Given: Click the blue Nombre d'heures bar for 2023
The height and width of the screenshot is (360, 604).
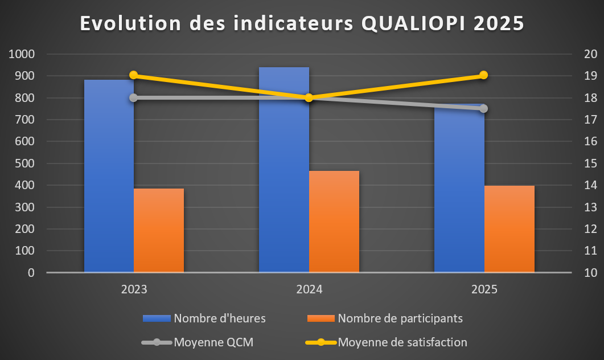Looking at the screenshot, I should (x=109, y=177).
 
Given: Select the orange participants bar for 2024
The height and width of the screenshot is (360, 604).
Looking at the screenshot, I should (x=334, y=222).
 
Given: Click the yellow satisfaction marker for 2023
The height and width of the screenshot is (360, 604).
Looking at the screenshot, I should (x=134, y=75).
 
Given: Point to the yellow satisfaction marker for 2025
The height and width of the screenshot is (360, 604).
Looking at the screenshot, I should (x=484, y=75).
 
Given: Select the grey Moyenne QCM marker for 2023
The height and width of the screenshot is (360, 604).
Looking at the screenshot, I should (x=134, y=97).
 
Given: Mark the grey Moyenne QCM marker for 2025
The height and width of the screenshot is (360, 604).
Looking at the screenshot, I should (x=484, y=108).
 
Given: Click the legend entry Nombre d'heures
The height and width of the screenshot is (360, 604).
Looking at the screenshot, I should (x=220, y=318).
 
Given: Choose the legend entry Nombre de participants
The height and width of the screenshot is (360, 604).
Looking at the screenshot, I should (x=400, y=318).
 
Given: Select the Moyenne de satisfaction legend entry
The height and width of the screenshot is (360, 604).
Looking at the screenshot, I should (x=402, y=342).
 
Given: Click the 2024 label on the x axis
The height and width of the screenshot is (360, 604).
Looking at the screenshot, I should (x=309, y=289).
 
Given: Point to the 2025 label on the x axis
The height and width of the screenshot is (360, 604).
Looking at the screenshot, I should (x=484, y=289).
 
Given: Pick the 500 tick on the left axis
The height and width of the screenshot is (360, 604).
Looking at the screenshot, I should (x=24, y=163).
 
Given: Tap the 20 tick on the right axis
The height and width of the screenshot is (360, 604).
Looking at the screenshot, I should (x=590, y=54).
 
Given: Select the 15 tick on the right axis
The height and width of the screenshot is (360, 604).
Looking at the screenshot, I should (x=590, y=163).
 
